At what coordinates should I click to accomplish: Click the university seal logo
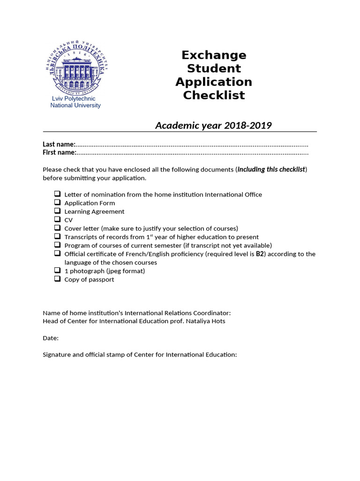[77, 67]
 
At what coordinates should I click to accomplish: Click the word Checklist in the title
[214, 95]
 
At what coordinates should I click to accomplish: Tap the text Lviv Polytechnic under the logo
[73, 99]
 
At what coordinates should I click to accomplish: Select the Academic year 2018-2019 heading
[213, 125]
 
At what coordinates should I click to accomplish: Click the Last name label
[59, 144]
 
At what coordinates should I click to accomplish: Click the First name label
[59, 152]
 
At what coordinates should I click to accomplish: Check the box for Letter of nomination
[57, 194]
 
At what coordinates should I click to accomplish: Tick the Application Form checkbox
[57, 202]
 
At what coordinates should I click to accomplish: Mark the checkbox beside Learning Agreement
[57, 211]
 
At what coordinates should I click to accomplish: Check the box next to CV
[57, 219]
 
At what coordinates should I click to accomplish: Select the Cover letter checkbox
[57, 228]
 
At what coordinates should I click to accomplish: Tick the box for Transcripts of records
[57, 236]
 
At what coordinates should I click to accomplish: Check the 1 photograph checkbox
[57, 271]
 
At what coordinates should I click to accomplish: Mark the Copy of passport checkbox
[57, 279]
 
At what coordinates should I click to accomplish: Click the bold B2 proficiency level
[260, 254]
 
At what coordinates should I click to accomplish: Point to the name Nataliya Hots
[206, 321]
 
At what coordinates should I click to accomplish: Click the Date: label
[51, 338]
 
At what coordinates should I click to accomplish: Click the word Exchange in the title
[214, 55]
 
